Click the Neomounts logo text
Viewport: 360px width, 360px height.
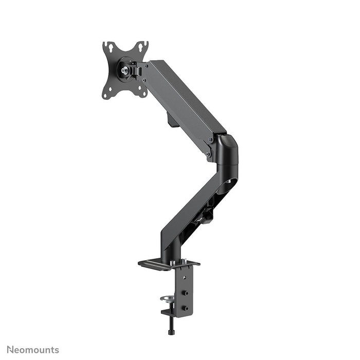(33, 350)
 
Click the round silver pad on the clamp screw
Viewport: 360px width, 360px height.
(167, 298)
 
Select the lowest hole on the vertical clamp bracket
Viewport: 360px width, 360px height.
(186, 309)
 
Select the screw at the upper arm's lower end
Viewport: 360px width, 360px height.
(208, 153)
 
